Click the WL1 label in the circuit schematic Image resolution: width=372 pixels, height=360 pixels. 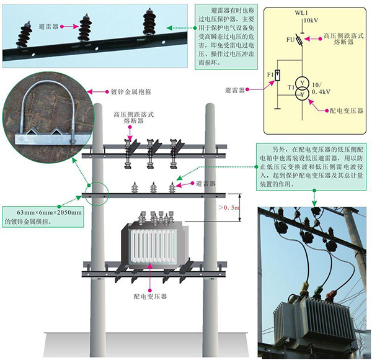tap(301, 12)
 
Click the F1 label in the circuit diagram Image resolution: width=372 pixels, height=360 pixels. tap(270, 74)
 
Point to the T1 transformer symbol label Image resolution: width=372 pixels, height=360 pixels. tap(289, 88)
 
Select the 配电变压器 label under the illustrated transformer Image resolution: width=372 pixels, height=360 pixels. tap(150, 296)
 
